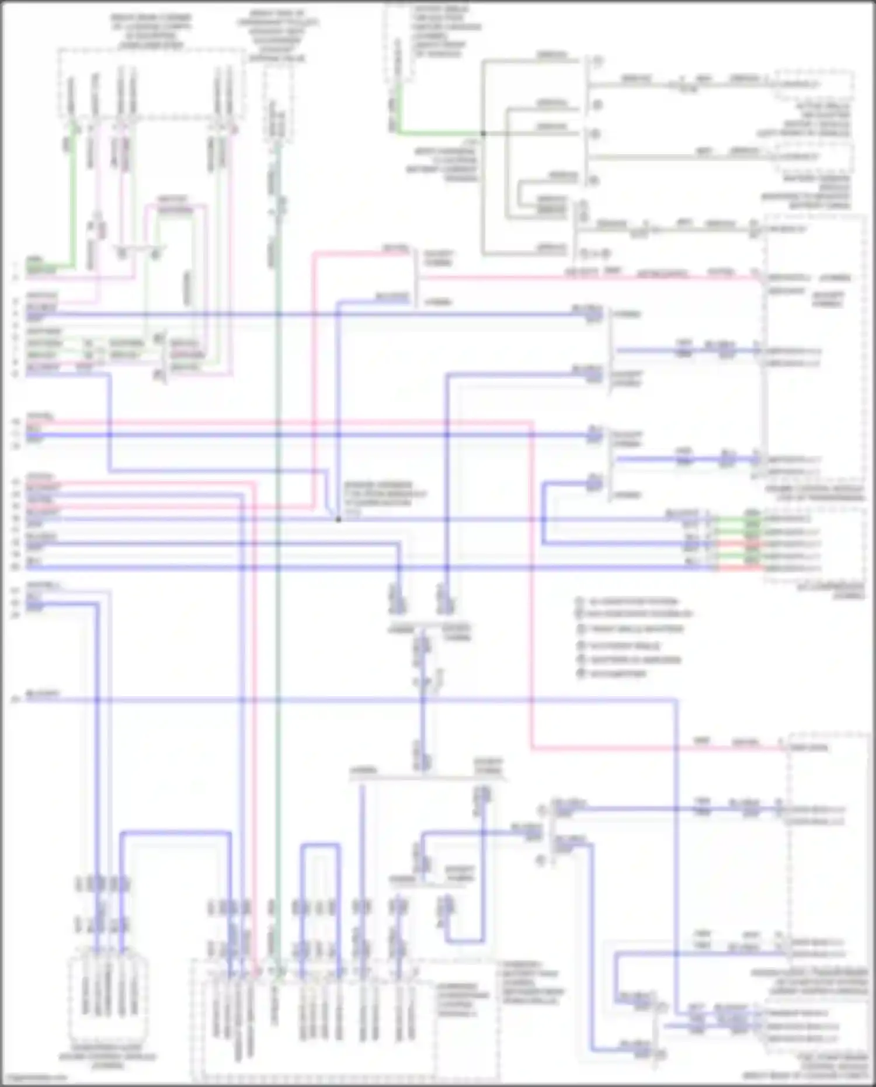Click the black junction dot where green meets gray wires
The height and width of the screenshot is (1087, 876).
coord(483,134)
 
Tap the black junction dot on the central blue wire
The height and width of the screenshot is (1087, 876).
coord(338,519)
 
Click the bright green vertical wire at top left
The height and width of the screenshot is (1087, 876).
coord(72,193)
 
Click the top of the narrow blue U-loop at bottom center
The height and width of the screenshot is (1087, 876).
coord(320,845)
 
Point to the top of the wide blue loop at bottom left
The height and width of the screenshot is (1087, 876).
coord(175,832)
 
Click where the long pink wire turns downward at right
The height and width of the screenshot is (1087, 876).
coord(531,422)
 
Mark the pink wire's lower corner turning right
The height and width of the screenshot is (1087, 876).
coord(532,748)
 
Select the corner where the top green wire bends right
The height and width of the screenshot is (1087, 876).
coord(399,133)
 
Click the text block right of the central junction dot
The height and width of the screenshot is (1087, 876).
coord(385,498)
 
